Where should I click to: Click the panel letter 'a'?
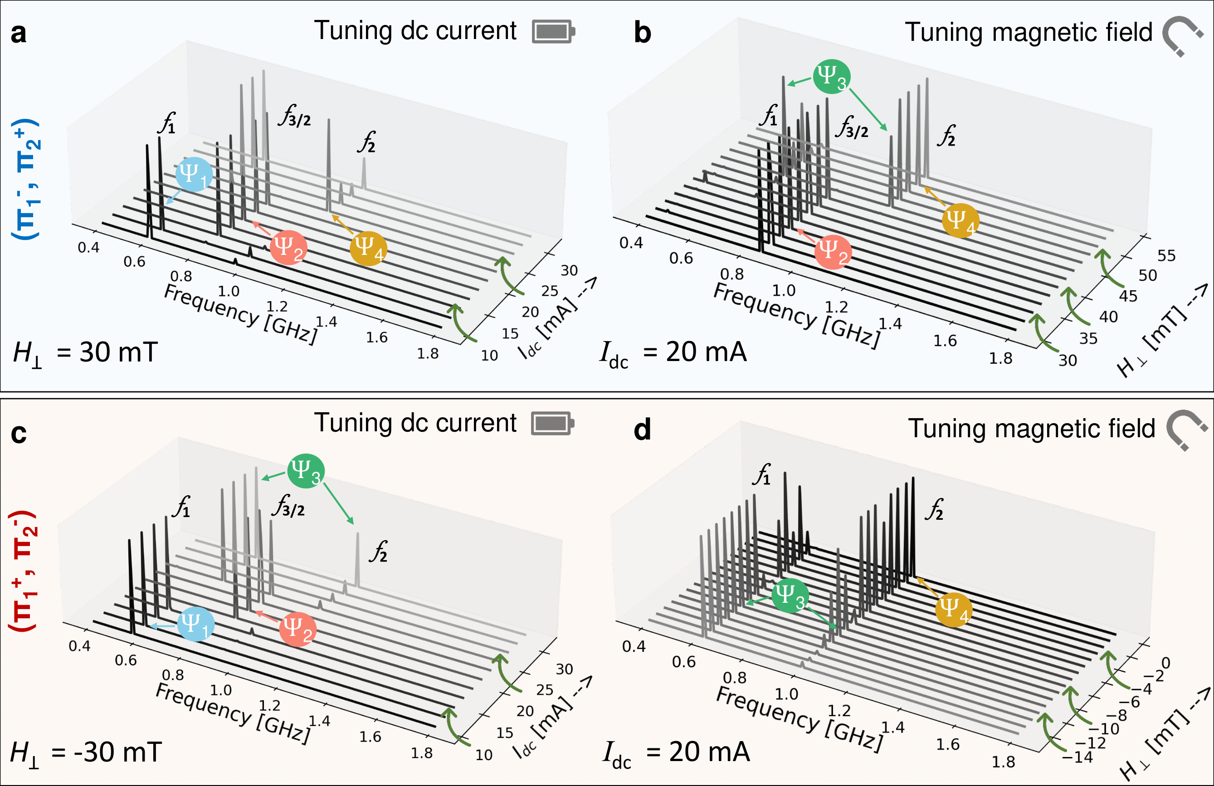(19, 34)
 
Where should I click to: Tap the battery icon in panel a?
(553, 32)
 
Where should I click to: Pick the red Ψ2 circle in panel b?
(833, 251)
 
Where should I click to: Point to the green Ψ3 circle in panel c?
(306, 471)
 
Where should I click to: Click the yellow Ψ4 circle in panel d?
(953, 610)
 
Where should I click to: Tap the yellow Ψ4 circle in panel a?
(368, 249)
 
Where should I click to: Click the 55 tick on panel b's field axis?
(1166, 255)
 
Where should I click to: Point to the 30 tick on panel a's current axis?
(569, 270)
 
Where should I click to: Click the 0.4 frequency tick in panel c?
(79, 646)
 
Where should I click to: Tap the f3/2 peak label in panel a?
(295, 116)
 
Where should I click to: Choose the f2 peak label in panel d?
(935, 509)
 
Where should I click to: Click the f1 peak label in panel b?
(769, 116)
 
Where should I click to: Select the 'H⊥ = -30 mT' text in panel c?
(86, 753)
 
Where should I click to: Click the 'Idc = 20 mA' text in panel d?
(675, 753)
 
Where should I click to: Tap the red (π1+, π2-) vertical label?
(24, 571)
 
